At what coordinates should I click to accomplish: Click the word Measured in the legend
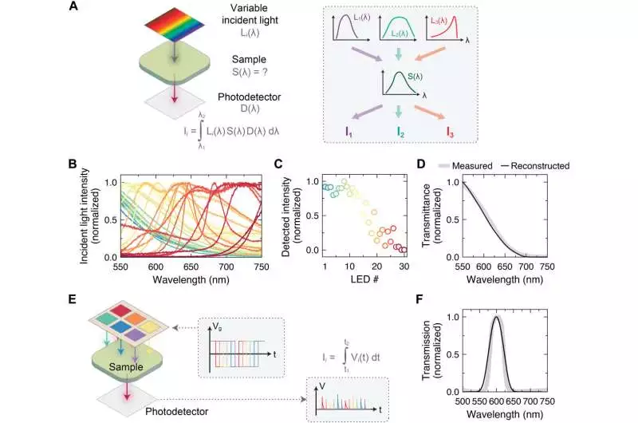(x=476, y=165)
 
